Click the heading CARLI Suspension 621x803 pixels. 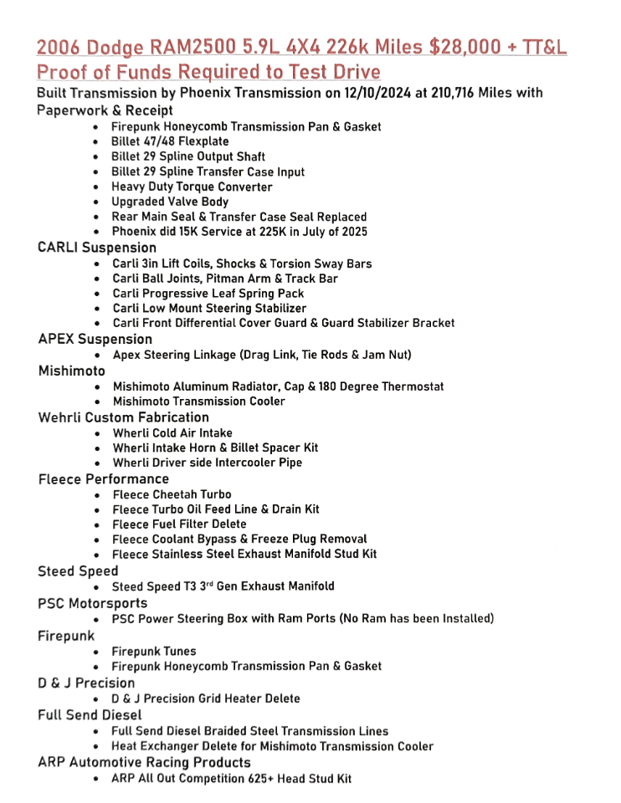click(97, 248)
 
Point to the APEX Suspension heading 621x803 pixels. click(95, 339)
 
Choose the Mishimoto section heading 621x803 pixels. click(72, 371)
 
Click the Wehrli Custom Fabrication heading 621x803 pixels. click(124, 417)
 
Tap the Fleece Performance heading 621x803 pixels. click(104, 479)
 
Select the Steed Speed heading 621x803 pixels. click(78, 571)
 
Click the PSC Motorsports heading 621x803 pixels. click(93, 603)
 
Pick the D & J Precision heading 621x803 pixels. click(86, 683)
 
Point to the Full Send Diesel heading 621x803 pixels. click(90, 715)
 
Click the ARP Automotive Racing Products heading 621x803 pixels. click(144, 762)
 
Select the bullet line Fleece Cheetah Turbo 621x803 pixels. click(172, 494)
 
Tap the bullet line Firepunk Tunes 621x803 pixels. click(154, 651)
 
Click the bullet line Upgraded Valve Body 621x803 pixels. click(170, 202)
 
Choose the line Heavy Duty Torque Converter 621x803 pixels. click(192, 187)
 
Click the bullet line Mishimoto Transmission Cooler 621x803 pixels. click(199, 401)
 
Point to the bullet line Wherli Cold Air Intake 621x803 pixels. click(173, 433)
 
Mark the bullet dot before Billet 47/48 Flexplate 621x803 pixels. click(98, 142)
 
